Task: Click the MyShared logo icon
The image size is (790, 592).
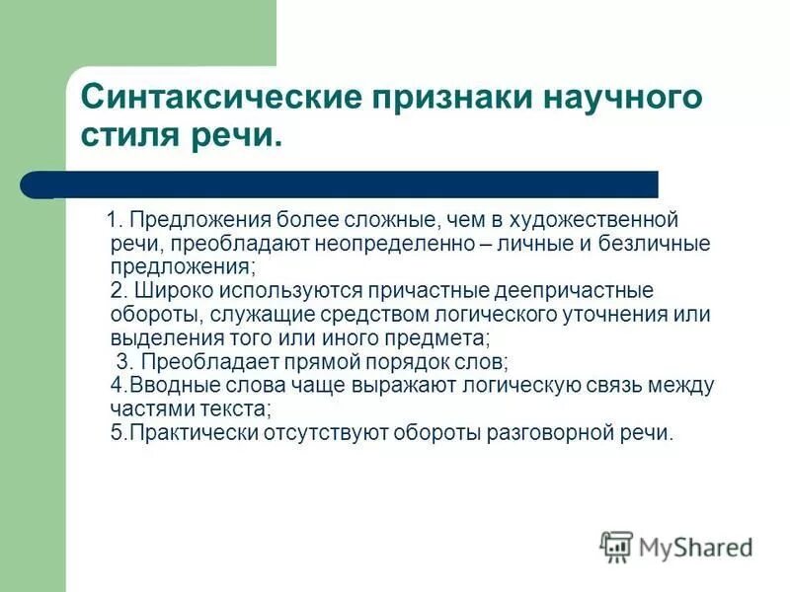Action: [617, 546]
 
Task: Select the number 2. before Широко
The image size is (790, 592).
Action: [119, 291]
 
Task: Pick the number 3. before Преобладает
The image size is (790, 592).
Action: [125, 361]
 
